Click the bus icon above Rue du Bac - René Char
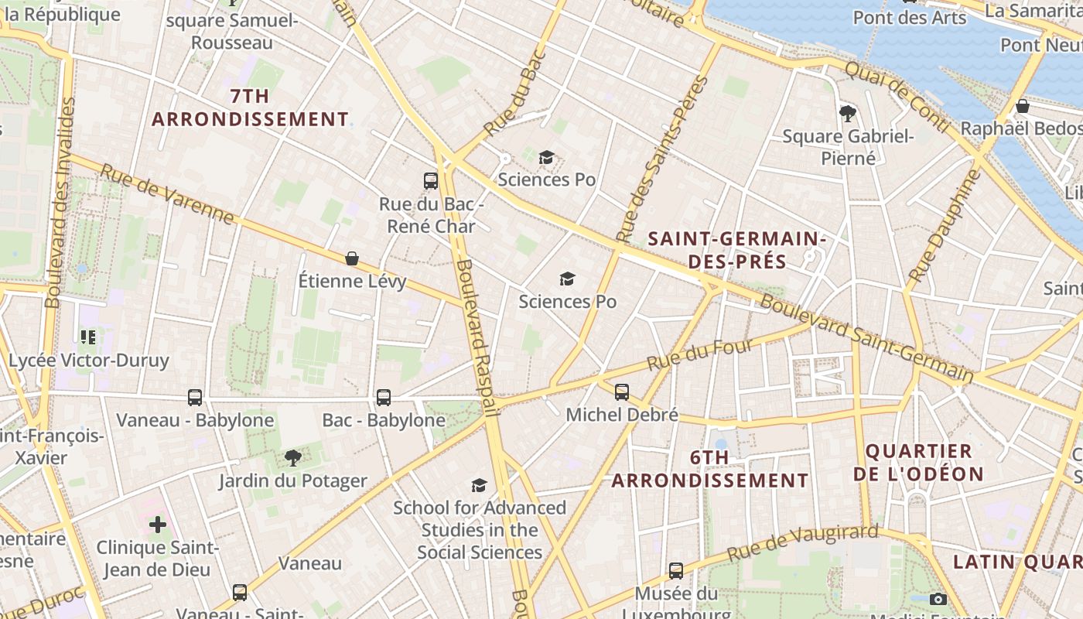tap(431, 181)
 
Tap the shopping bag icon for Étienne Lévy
tap(352, 258)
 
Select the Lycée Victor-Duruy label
tap(88, 361)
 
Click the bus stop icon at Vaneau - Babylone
tap(195, 398)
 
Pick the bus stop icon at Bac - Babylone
tap(384, 398)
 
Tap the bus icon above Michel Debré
tap(622, 392)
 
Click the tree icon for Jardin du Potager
tap(292, 458)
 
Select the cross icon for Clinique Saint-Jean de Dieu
tap(158, 525)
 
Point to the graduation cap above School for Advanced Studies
tap(480, 485)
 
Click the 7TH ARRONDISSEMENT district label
tap(250, 108)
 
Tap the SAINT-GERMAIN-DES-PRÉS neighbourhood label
tap(737, 250)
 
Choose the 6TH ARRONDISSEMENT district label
tap(710, 469)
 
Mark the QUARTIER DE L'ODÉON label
tap(919, 462)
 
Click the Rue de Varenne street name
tap(167, 194)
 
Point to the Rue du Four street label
tap(699, 354)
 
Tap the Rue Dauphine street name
tap(944, 225)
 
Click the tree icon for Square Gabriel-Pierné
tap(848, 114)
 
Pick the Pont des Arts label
tap(910, 17)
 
